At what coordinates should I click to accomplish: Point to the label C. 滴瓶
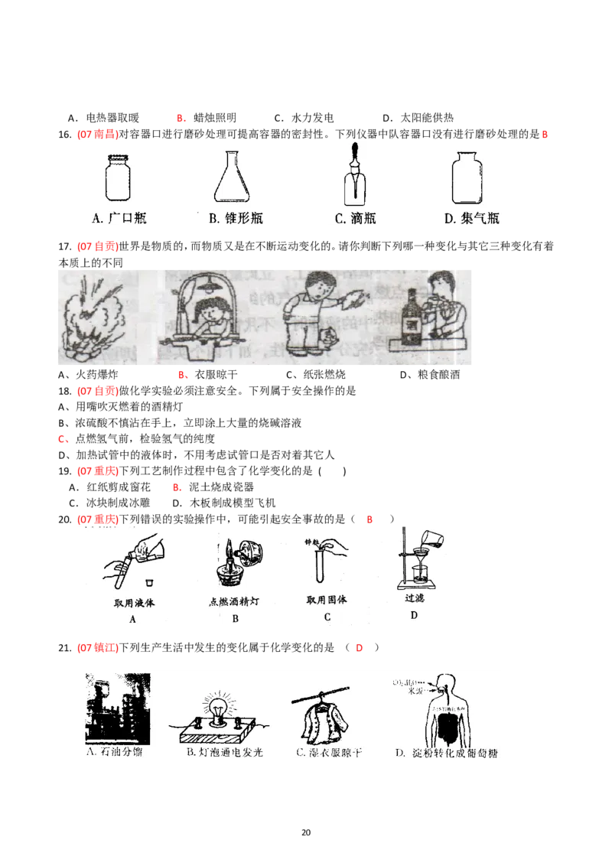pos(355,218)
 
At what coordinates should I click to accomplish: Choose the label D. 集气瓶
pos(472,218)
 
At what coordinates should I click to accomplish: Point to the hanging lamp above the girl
pos(206,285)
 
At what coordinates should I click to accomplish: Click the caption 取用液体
pos(135,602)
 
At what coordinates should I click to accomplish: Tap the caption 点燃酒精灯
pos(234,601)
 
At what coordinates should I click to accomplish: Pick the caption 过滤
pos(414,600)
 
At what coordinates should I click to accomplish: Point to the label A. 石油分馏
pos(115,752)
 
